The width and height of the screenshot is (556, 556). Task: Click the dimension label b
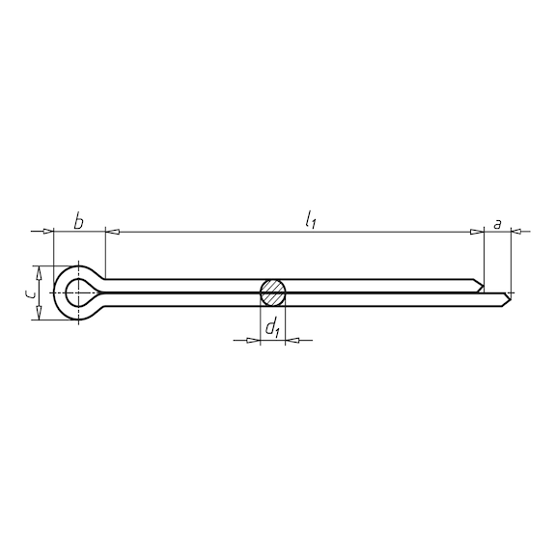pos(79,222)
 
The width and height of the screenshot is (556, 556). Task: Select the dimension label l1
pos(311,219)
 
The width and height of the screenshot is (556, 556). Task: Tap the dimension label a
pos(498,224)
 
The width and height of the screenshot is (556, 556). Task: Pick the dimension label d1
pos(272,327)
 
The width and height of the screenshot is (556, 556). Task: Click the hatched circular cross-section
pos(272,292)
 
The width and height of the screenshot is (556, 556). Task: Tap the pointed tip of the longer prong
pos(512,299)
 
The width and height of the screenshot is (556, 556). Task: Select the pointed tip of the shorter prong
pos(484,286)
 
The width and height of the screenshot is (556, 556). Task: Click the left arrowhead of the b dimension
pos(48,232)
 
